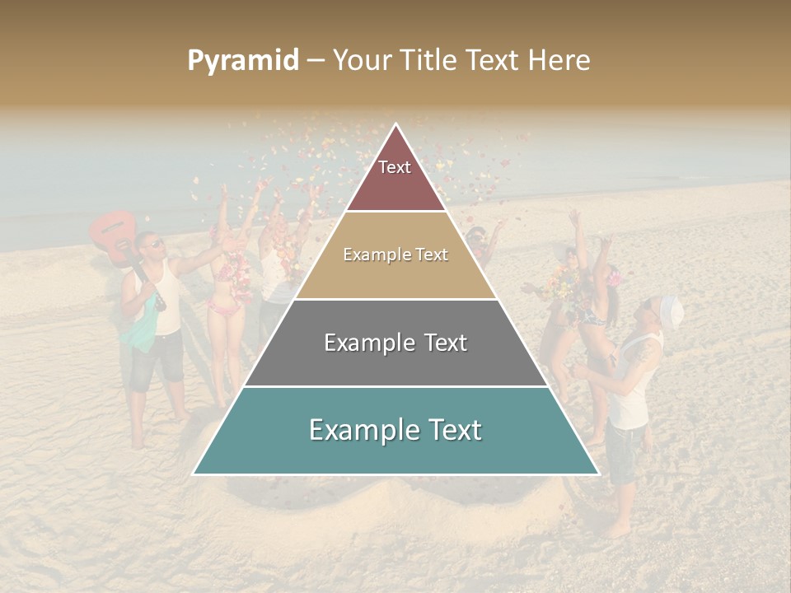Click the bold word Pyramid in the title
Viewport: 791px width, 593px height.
243,61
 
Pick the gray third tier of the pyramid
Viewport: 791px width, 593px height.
395,362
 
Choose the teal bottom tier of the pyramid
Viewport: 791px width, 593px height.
395,449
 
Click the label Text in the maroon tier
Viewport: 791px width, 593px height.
395,167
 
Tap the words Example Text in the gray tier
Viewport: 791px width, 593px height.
395,343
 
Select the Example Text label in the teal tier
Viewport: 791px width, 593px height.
395,430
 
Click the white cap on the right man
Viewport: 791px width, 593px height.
672,311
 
